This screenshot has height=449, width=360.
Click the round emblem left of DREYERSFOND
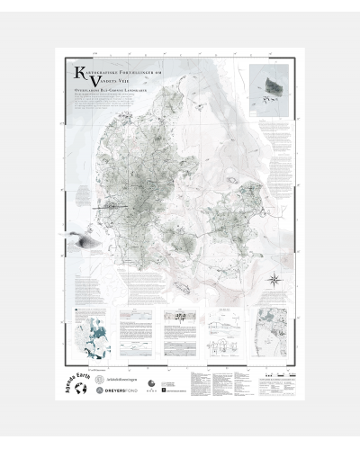coord(124,393)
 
